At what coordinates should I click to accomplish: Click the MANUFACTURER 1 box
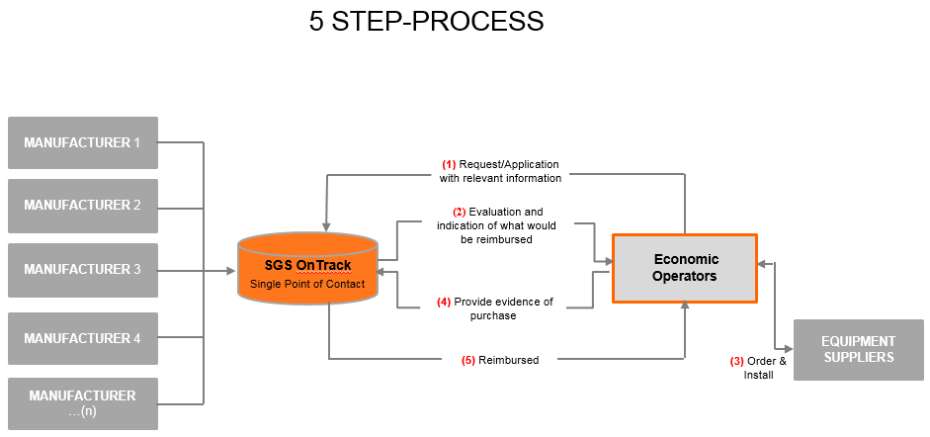point(82,142)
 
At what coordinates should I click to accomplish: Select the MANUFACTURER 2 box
point(82,206)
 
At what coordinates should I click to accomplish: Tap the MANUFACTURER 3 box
point(82,269)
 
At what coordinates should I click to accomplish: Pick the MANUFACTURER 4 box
point(82,338)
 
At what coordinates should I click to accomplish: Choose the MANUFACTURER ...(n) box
point(82,402)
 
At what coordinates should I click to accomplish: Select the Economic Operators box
point(685,268)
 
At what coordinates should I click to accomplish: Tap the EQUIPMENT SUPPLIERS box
point(858,349)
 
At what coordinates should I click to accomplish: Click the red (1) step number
point(449,164)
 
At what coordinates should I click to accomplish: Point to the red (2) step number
point(460,212)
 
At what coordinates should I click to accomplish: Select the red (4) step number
point(444,302)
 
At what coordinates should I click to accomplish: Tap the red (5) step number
point(468,360)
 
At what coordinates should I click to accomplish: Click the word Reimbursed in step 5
point(509,360)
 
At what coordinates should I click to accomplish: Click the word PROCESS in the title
point(483,22)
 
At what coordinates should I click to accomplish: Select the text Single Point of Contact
point(307,285)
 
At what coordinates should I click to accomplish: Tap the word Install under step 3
point(758,375)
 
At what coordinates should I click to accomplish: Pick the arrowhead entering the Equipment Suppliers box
point(789,349)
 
